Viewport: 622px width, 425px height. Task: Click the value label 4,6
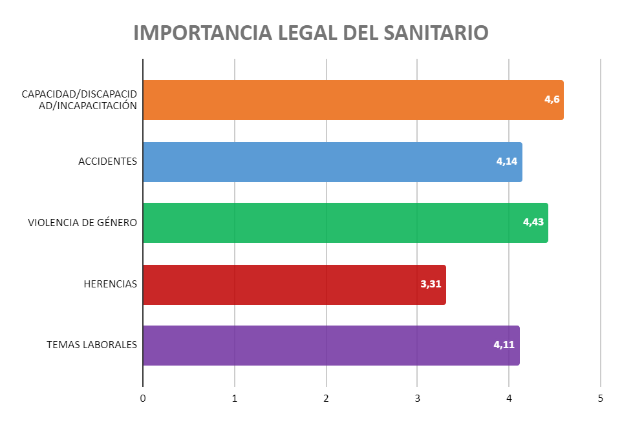pyautogui.click(x=552, y=99)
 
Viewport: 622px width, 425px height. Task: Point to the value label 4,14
pyautogui.click(x=507, y=161)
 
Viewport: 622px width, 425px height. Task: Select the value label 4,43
pyautogui.click(x=533, y=222)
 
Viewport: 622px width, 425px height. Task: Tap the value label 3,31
pyautogui.click(x=431, y=284)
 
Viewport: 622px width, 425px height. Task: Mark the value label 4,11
pyautogui.click(x=504, y=345)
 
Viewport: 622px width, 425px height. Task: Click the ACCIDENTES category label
pyautogui.click(x=107, y=161)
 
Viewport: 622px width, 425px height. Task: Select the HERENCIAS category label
pyautogui.click(x=111, y=284)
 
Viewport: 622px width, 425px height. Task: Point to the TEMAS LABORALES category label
pyautogui.click(x=92, y=345)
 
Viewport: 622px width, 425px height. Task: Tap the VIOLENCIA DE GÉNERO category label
pyautogui.click(x=83, y=223)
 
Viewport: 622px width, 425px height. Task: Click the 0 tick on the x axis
pyautogui.click(x=143, y=399)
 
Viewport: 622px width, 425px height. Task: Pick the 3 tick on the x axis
pyautogui.click(x=418, y=399)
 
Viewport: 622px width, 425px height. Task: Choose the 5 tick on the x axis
pyautogui.click(x=601, y=399)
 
